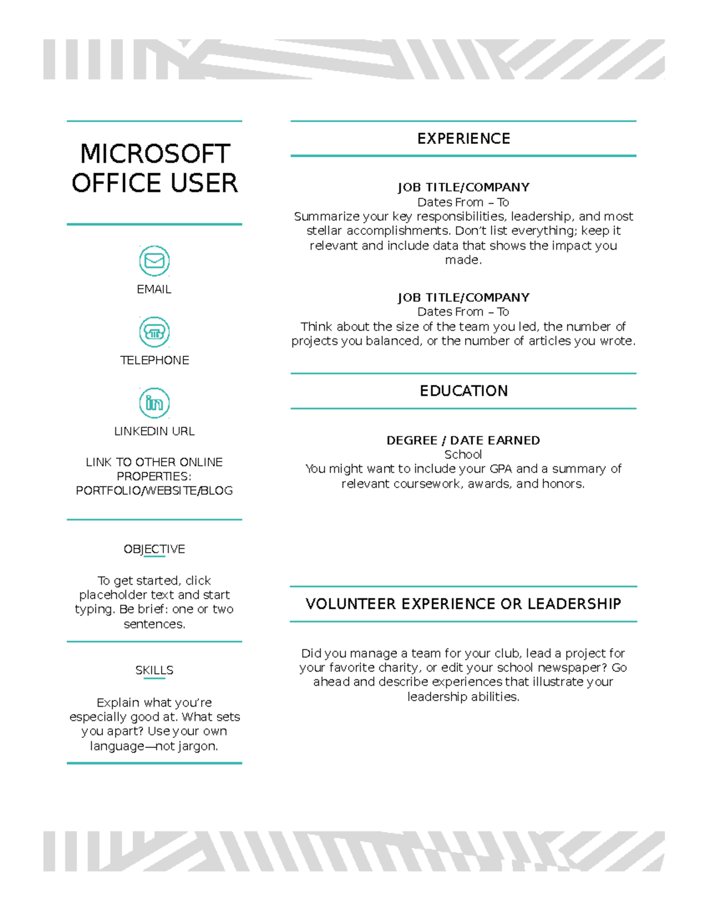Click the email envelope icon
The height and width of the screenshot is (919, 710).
pyautogui.click(x=154, y=261)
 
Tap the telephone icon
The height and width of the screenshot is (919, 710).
pyautogui.click(x=154, y=332)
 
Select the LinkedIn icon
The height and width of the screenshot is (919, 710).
pyautogui.click(x=154, y=403)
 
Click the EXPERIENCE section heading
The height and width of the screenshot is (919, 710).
pyautogui.click(x=463, y=138)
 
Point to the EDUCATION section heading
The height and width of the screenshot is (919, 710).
pyautogui.click(x=463, y=391)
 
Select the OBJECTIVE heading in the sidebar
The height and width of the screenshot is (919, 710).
pyautogui.click(x=154, y=549)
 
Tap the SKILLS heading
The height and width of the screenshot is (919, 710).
pyautogui.click(x=154, y=670)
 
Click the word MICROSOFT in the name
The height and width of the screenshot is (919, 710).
pyautogui.click(x=155, y=154)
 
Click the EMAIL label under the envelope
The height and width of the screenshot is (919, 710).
pyautogui.click(x=154, y=289)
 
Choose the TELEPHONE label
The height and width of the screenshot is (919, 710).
pyautogui.click(x=154, y=360)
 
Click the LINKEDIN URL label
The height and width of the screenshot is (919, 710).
pyautogui.click(x=154, y=431)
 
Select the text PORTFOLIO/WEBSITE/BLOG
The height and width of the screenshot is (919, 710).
pyautogui.click(x=154, y=491)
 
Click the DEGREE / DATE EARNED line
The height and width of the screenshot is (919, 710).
pyautogui.click(x=463, y=440)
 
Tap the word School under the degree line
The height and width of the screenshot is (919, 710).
pyautogui.click(x=463, y=454)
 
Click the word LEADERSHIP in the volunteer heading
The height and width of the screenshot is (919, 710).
pyautogui.click(x=574, y=604)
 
